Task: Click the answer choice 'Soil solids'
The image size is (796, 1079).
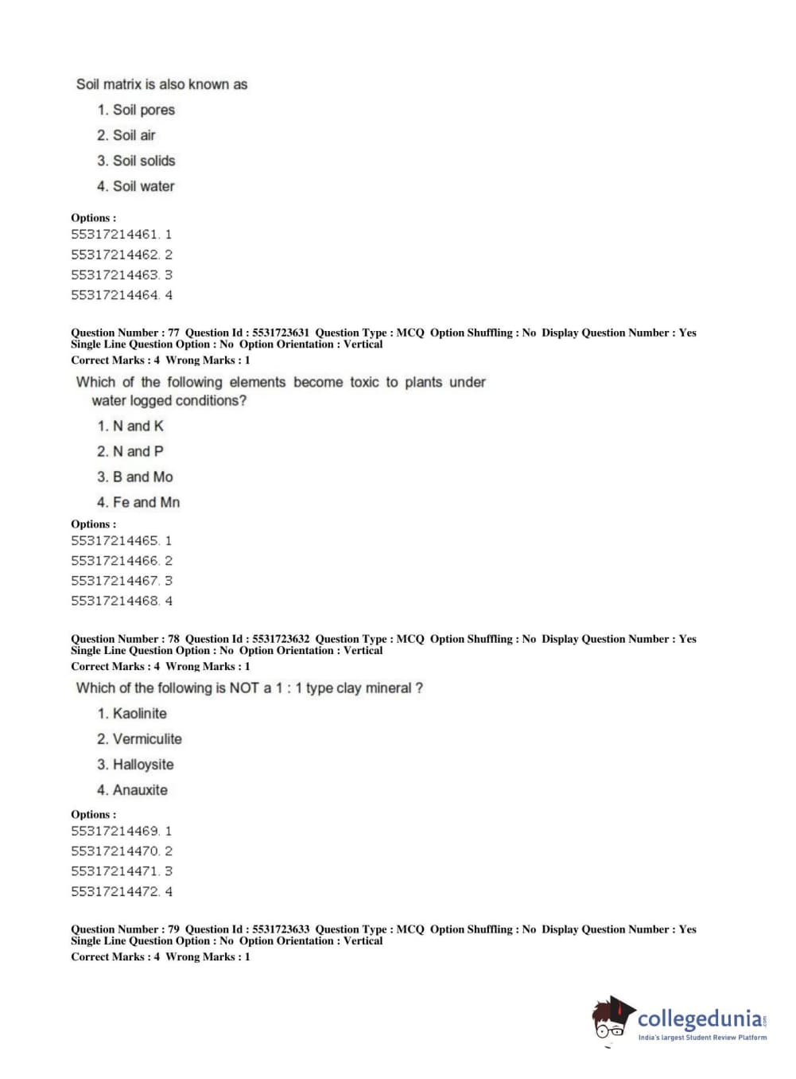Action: tap(143, 161)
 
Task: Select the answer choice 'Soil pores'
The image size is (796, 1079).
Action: tap(143, 110)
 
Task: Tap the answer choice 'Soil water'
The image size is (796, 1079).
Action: tap(143, 186)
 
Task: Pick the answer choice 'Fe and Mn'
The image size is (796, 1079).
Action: tap(146, 502)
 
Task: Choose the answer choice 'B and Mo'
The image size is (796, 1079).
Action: tap(142, 477)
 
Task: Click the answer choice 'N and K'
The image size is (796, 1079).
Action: tap(138, 426)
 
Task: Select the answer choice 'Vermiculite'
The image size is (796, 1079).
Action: tap(146, 739)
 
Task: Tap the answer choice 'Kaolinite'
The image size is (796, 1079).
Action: tap(139, 714)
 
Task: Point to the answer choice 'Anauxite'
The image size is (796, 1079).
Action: tap(140, 790)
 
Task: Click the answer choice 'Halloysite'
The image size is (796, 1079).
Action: tap(142, 765)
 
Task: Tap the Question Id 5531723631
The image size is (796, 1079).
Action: tap(280, 333)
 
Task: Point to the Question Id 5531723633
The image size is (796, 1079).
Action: tap(280, 929)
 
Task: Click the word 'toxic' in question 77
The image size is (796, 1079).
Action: tap(364, 382)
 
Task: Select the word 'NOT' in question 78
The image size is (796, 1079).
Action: tap(244, 688)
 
